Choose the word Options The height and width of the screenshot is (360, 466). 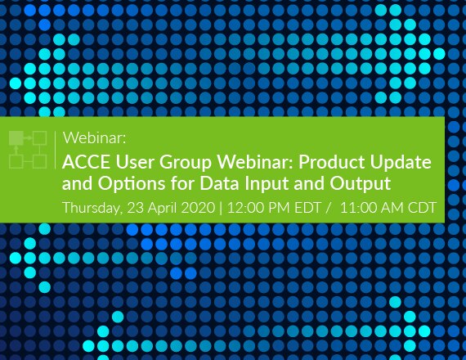132,184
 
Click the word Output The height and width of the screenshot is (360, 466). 360,184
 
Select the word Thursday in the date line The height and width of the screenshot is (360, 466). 92,208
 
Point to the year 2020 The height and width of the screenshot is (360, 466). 198,207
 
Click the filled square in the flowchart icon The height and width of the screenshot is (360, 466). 16,138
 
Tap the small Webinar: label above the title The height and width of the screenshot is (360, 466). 95,138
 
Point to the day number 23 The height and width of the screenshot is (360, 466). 136,207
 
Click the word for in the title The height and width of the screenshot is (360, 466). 182,183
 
